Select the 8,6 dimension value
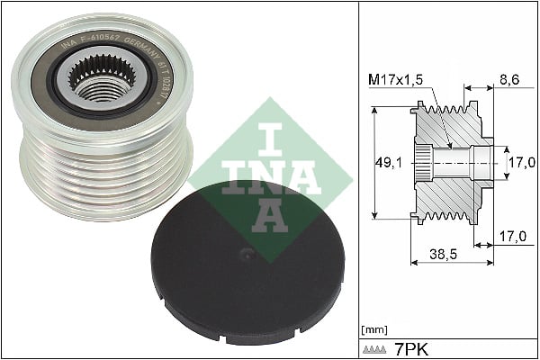tap(508, 80)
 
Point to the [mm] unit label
tap(372, 329)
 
